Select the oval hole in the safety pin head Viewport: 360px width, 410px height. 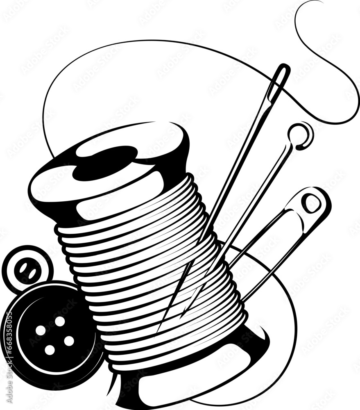click(312, 203)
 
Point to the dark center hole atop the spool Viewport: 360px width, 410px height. click(105, 163)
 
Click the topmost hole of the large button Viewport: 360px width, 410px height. click(60, 321)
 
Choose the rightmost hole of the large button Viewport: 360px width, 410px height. click(69, 341)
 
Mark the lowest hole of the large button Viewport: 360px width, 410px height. click(50, 350)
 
